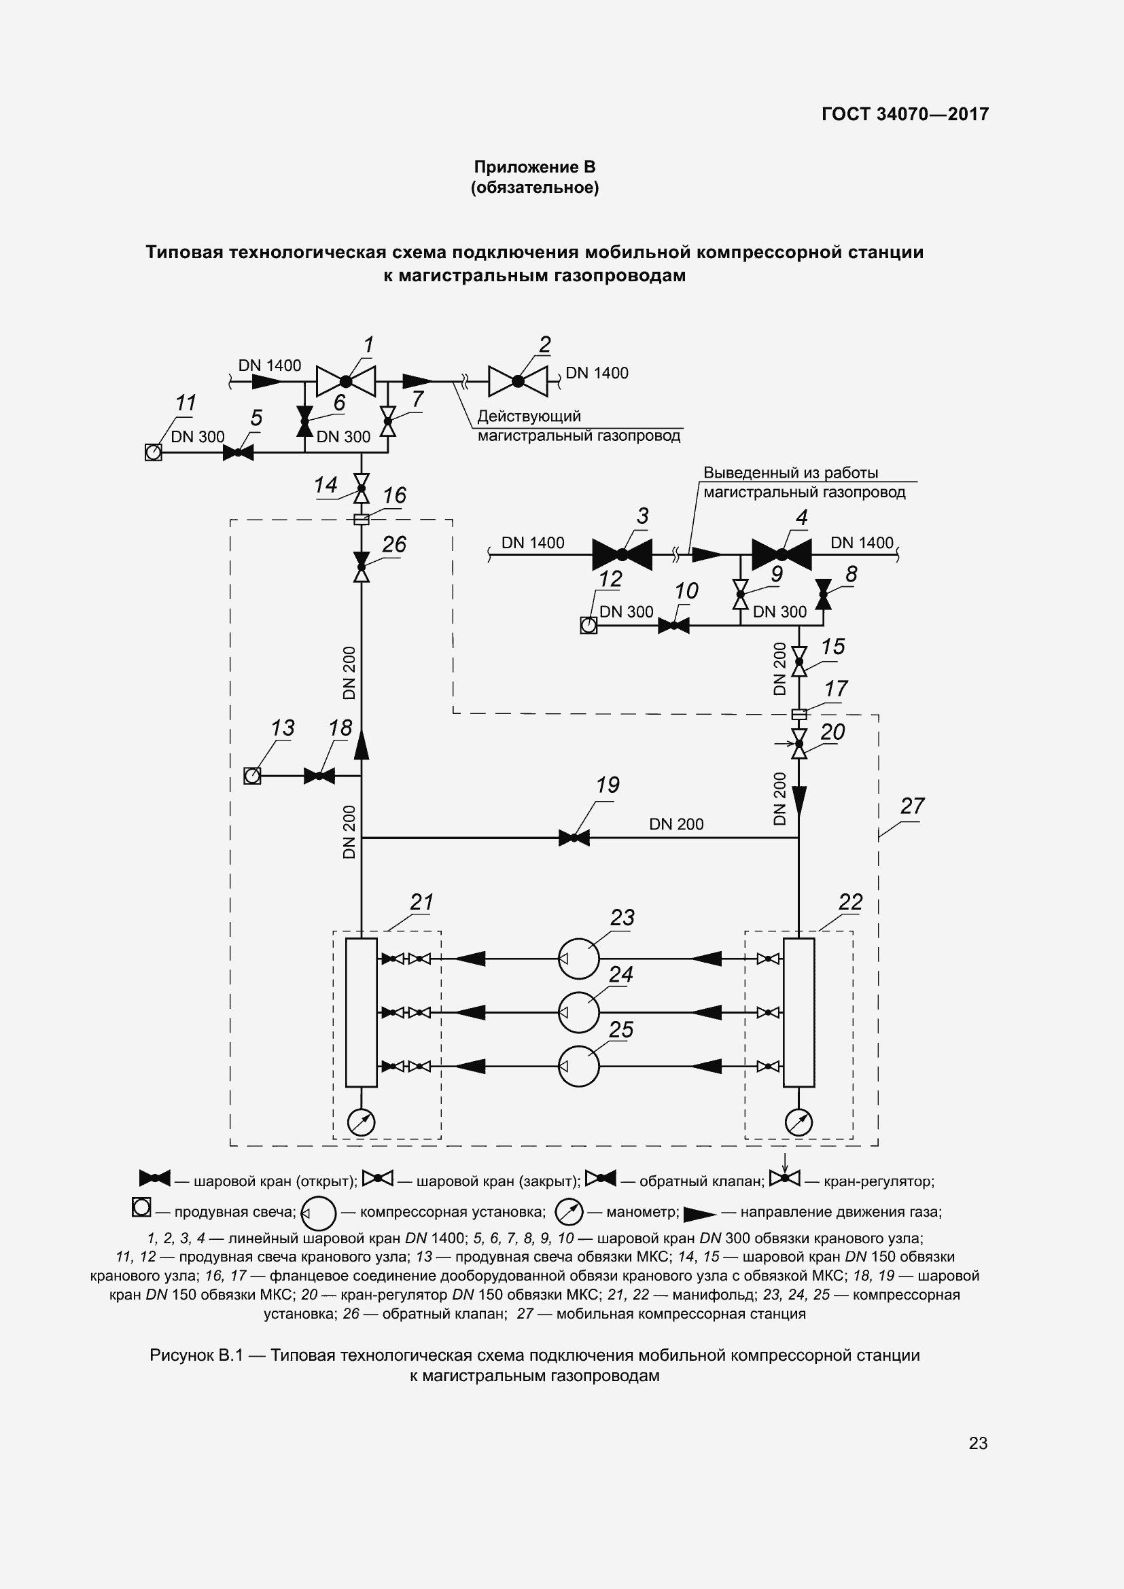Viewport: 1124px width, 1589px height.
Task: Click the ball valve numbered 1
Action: (345, 380)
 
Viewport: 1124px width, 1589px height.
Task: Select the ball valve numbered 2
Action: (518, 380)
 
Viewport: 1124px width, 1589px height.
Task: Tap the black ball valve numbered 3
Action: (622, 554)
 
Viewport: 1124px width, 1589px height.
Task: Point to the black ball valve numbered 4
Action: (781, 554)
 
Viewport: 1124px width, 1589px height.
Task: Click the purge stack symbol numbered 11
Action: (153, 452)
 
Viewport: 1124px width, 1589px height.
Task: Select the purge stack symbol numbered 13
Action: (253, 776)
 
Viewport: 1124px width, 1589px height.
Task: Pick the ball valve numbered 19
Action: (574, 838)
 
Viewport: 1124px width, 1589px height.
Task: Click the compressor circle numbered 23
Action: (578, 959)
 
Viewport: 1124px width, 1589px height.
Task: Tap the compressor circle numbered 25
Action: (578, 1066)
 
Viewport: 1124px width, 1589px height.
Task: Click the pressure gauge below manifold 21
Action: (361, 1122)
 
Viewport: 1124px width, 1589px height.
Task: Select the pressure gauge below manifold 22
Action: (798, 1122)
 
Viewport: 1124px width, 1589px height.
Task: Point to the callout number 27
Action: (912, 806)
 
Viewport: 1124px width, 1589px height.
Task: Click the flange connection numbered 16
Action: (361, 519)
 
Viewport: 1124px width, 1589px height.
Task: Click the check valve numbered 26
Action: (361, 567)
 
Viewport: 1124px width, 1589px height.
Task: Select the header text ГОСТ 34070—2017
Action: (905, 113)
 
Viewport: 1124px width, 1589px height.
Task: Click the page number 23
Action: (978, 1443)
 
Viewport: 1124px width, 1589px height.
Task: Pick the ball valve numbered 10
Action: (673, 626)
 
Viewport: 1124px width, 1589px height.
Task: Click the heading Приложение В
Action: (534, 167)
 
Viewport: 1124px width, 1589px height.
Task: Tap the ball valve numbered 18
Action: (319, 776)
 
